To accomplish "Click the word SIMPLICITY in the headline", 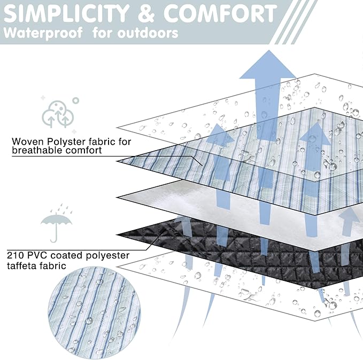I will (59, 13).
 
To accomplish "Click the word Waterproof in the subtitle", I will (43, 33).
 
